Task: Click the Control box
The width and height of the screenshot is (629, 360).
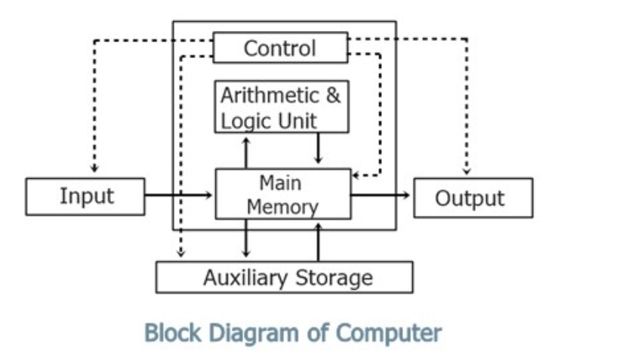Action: point(280,48)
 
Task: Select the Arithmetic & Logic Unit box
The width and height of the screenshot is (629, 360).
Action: point(281,106)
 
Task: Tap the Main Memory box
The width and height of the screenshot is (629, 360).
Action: point(283,195)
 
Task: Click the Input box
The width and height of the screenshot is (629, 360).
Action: point(85,196)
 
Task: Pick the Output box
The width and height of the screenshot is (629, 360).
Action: point(473,198)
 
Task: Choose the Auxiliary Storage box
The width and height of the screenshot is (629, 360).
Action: point(284,277)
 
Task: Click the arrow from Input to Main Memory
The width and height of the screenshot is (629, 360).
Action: point(179,195)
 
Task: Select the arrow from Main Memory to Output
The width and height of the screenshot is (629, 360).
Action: point(381,195)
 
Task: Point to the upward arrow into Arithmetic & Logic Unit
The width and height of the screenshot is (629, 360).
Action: point(245,151)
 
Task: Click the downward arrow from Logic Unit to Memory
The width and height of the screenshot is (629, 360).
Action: point(318,150)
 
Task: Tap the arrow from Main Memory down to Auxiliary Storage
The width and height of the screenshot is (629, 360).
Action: point(245,239)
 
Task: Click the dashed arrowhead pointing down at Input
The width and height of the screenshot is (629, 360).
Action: point(94,167)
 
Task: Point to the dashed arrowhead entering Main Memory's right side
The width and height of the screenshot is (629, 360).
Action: point(358,175)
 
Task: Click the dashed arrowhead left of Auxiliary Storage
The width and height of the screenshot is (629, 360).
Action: point(180,252)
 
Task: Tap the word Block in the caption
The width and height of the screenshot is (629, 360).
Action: point(168,331)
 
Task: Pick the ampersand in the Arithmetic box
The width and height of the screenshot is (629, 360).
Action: point(333,97)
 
